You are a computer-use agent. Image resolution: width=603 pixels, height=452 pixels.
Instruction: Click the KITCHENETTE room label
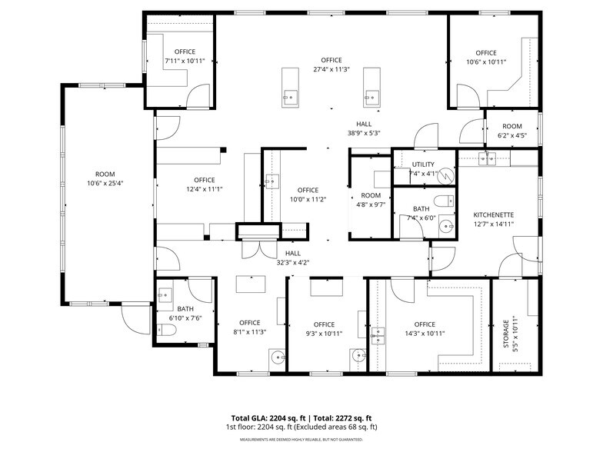tap(493, 214)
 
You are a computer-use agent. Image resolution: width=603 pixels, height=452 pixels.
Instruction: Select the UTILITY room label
tap(423, 165)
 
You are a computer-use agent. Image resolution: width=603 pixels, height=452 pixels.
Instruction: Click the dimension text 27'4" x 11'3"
tap(331, 69)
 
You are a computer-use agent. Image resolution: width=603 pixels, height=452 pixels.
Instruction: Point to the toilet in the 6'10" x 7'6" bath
tap(167, 331)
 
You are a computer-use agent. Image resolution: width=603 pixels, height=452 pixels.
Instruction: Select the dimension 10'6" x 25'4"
tap(105, 183)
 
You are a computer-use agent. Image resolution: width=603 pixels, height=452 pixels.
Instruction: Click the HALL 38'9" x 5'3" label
tap(364, 128)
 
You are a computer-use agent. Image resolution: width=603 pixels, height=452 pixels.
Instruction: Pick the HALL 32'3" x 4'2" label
tap(293, 258)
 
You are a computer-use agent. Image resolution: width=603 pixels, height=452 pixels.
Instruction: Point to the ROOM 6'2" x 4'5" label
tap(512, 131)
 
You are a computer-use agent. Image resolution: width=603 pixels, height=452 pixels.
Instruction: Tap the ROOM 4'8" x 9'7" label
tap(371, 200)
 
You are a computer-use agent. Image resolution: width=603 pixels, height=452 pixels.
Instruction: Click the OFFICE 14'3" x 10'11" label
tap(425, 329)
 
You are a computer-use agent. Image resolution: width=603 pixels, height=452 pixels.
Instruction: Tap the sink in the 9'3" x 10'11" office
tap(357, 356)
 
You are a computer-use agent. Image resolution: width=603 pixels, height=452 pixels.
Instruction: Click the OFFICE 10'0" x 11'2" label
tap(308, 194)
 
